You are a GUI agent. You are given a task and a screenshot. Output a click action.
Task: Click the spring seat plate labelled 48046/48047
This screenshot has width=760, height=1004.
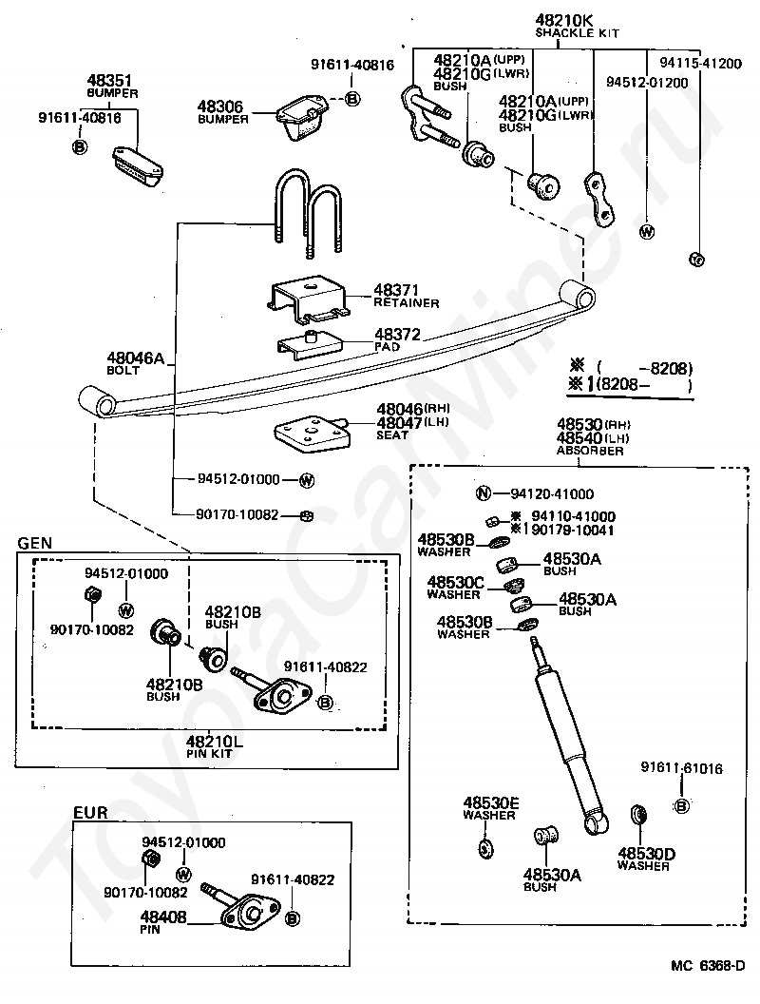coord(313,433)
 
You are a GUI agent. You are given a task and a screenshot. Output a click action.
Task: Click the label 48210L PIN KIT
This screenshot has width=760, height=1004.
coord(215,746)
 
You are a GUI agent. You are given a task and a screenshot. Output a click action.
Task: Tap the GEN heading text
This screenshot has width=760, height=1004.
coord(34,543)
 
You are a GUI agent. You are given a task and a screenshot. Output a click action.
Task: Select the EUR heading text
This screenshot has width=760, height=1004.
coord(90,813)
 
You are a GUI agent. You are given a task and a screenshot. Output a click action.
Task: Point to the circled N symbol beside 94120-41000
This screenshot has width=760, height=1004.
coord(484,493)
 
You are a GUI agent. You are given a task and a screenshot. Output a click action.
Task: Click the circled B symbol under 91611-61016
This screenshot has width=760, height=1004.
coord(681,806)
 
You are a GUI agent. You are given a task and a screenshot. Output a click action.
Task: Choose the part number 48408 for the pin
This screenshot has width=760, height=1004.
coord(163,917)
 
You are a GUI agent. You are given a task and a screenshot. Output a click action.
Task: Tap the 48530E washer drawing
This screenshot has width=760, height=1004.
coord(486,848)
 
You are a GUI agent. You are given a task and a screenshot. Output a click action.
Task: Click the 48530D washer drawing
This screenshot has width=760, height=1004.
coord(638,815)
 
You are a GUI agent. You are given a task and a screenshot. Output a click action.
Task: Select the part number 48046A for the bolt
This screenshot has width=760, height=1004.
coord(136,357)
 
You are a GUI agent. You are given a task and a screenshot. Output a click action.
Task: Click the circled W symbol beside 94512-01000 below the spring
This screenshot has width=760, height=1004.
coord(307,479)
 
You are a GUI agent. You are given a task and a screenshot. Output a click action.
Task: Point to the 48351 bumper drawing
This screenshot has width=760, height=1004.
coord(138,167)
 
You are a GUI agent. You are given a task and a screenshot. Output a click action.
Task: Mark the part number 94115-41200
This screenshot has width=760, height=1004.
coord(700,64)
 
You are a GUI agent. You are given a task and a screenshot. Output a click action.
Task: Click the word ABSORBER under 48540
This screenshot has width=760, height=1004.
coord(590,450)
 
